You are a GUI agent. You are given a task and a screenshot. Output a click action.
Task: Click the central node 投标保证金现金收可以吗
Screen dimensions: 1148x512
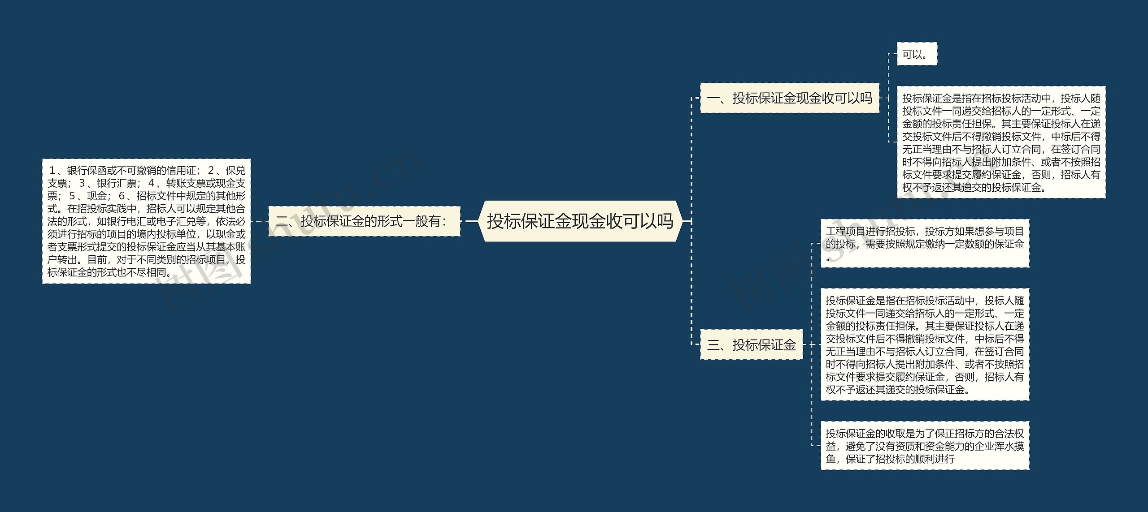pos(580,221)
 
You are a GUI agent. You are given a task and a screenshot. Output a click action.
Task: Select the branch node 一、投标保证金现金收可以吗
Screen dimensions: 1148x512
pos(789,98)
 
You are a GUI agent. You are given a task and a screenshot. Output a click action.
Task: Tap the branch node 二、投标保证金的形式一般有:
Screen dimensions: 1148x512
pos(364,221)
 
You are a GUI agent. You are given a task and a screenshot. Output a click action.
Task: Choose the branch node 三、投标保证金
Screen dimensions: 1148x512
pos(751,344)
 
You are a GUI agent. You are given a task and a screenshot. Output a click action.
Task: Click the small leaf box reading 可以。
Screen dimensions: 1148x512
pos(916,55)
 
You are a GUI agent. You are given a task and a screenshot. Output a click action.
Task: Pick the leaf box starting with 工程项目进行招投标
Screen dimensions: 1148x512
pos(925,244)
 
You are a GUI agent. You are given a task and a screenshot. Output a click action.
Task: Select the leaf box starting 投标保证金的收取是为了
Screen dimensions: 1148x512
pos(925,446)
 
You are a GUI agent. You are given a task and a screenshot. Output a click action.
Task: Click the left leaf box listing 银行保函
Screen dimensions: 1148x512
pos(146,221)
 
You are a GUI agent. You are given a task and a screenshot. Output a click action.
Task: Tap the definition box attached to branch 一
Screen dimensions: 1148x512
pos(1001,142)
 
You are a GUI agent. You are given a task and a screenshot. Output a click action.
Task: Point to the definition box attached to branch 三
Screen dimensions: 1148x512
pos(925,344)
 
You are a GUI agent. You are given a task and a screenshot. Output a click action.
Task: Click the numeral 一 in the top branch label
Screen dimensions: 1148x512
pos(713,98)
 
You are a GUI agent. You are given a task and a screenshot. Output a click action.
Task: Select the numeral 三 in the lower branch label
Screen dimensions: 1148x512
pos(713,344)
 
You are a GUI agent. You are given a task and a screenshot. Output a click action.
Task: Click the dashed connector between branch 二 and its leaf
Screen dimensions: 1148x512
pos(260,221)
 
